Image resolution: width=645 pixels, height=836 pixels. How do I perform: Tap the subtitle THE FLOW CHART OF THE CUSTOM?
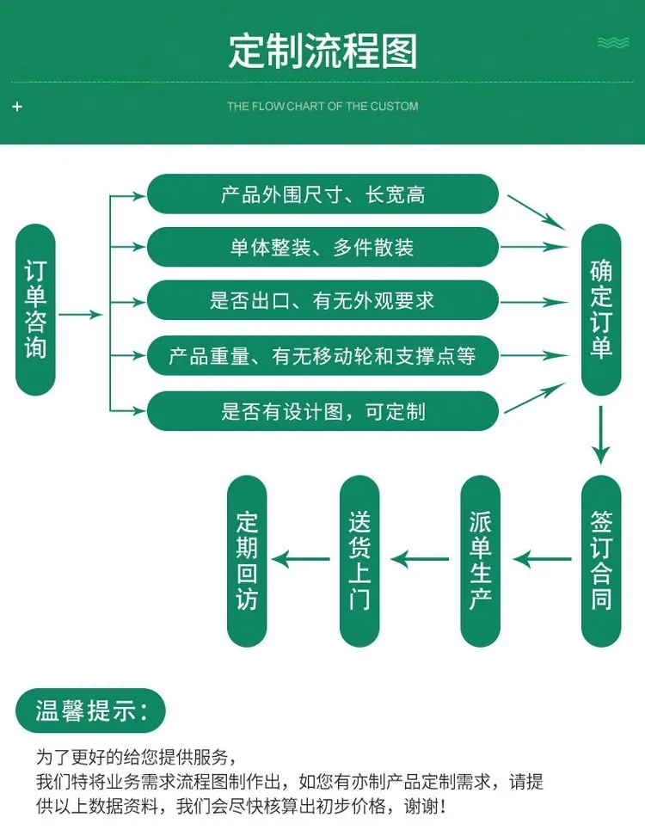click(322, 107)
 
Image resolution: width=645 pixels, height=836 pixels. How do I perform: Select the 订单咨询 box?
click(36, 310)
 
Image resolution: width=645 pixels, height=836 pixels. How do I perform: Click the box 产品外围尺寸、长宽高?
click(322, 194)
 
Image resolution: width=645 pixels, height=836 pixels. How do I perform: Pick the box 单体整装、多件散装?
click(322, 248)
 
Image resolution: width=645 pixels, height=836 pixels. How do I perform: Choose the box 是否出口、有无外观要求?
click(322, 301)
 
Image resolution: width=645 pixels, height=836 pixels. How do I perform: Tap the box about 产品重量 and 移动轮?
click(322, 355)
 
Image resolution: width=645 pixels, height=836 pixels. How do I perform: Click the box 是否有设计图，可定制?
click(322, 411)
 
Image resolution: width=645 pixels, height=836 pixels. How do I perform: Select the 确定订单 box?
click(600, 310)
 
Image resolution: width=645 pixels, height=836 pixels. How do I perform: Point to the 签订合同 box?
click(600, 560)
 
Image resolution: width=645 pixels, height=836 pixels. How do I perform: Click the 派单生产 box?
click(480, 560)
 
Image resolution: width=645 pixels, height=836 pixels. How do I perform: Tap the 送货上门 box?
click(359, 560)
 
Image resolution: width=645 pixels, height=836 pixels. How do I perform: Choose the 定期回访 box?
click(247, 560)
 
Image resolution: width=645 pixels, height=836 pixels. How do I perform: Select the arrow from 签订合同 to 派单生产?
click(543, 560)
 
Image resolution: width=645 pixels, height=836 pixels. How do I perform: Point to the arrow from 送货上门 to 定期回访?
click(306, 560)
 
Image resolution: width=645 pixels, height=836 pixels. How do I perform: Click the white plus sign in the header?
click(17, 107)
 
